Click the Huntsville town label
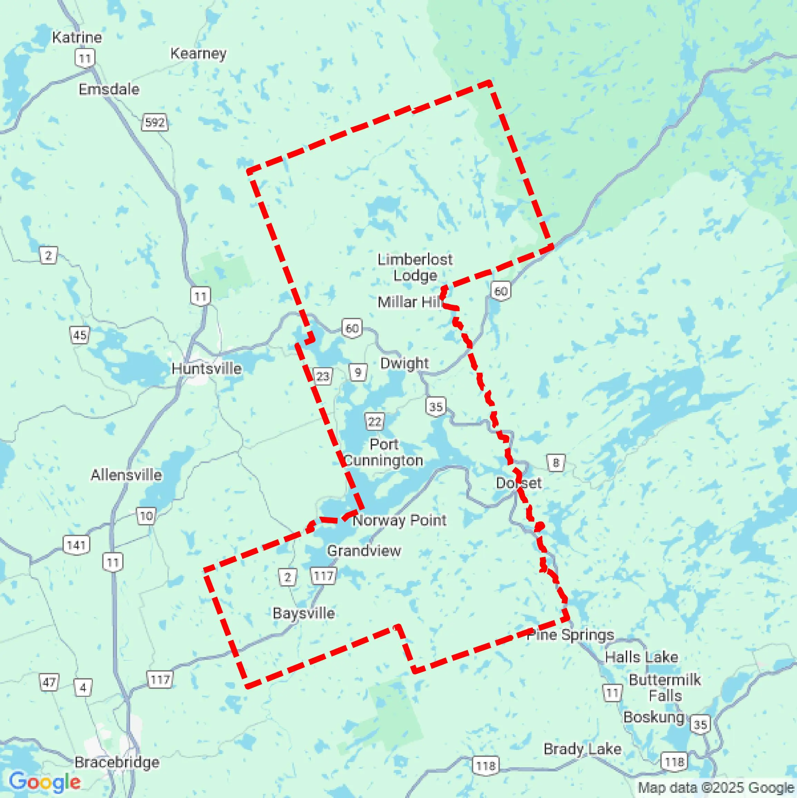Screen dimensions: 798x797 (x=206, y=369)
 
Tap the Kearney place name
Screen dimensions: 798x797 (x=198, y=53)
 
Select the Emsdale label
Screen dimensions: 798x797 (x=109, y=89)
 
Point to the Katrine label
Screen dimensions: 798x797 (x=77, y=38)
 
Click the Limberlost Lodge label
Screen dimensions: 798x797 (x=415, y=267)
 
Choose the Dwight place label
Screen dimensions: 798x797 (x=405, y=363)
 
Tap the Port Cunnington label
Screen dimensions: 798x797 (x=383, y=452)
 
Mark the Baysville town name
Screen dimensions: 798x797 (x=304, y=613)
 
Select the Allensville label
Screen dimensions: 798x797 (x=126, y=475)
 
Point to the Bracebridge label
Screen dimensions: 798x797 (x=117, y=762)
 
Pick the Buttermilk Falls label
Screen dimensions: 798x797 (x=664, y=688)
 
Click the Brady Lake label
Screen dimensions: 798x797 (x=582, y=749)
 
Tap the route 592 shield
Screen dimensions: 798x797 (x=155, y=122)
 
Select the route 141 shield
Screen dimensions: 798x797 (x=76, y=545)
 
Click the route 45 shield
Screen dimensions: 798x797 (x=80, y=334)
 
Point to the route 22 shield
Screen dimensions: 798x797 (x=375, y=421)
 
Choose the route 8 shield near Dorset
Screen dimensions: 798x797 (x=555, y=463)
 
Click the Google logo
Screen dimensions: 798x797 (x=45, y=781)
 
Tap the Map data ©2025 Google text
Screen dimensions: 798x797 (x=716, y=788)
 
